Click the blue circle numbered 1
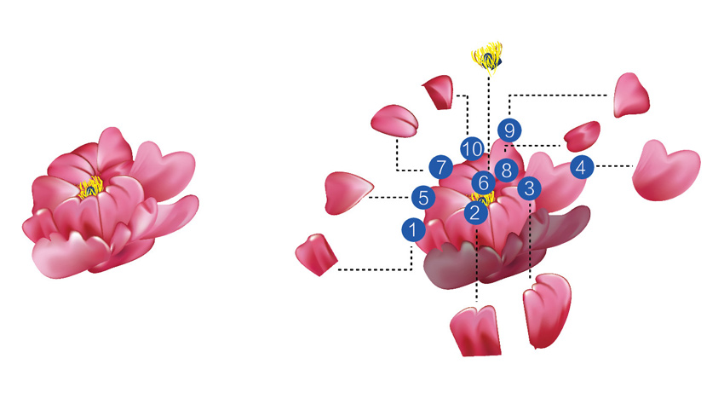(412, 228)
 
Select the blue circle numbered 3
(528, 188)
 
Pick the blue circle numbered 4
(581, 167)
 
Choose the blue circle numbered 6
(483, 182)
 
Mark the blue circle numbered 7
(440, 167)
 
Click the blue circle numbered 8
(505, 170)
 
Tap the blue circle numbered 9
(509, 130)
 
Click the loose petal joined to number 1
(317, 254)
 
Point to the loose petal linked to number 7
(395, 120)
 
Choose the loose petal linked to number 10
(440, 90)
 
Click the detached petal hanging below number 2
(475, 331)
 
